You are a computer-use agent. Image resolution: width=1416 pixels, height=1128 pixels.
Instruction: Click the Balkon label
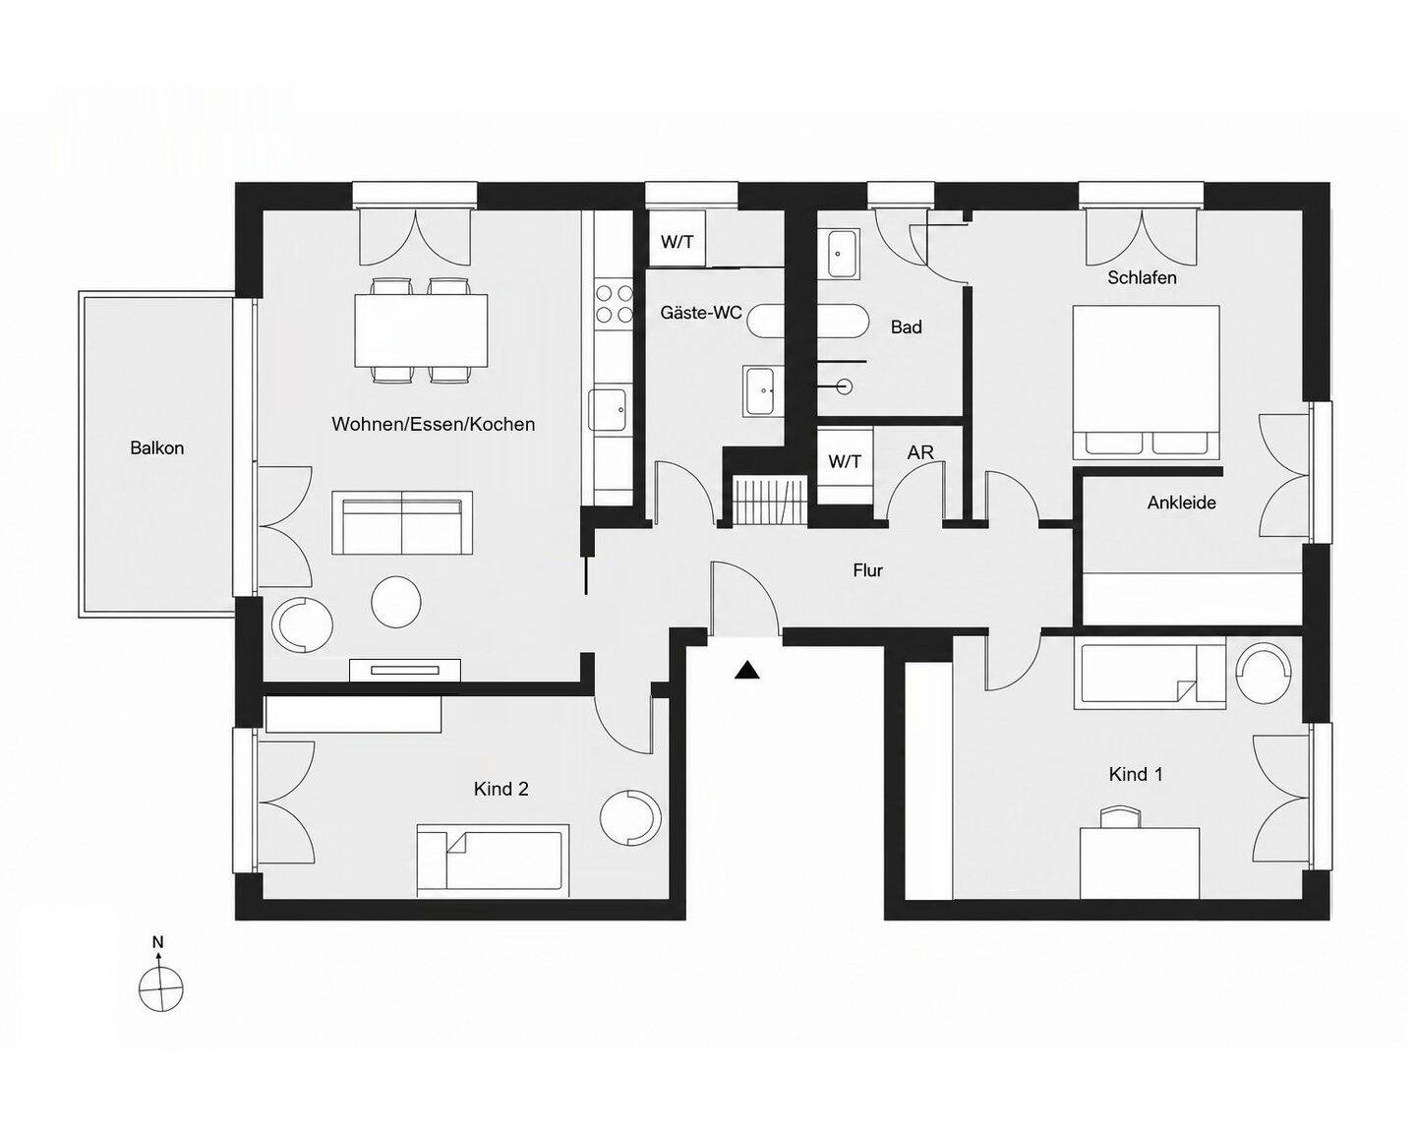[156, 448]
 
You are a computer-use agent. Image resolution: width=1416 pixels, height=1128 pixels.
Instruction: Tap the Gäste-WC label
[701, 313]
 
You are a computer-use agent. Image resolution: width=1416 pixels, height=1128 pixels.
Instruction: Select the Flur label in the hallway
[867, 570]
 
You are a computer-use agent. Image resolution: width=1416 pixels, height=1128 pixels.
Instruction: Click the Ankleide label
[1181, 503]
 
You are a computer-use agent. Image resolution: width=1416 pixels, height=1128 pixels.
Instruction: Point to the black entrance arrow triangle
[747, 671]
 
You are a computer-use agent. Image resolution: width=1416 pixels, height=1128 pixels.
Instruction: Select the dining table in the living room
[421, 330]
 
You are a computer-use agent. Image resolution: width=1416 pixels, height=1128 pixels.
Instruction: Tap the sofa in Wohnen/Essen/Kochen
[402, 523]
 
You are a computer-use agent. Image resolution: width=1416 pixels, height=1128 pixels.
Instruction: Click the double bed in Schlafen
[1146, 382]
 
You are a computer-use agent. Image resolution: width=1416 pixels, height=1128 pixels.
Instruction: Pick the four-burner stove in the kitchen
[614, 303]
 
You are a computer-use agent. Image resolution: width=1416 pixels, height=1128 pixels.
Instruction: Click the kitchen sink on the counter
[608, 410]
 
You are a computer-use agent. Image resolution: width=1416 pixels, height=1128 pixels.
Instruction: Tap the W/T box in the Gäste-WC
[678, 242]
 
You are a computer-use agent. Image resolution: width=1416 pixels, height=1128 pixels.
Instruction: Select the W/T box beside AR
[845, 461]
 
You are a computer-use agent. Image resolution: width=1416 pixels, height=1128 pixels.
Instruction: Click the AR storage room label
[919, 452]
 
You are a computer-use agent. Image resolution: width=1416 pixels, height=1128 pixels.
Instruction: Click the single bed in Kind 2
[493, 860]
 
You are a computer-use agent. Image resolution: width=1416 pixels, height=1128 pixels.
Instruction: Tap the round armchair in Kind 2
[629, 817]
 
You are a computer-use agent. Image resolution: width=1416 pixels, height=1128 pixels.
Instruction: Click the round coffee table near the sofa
[396, 602]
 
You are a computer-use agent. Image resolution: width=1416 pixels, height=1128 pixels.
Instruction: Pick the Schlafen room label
[1142, 277]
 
